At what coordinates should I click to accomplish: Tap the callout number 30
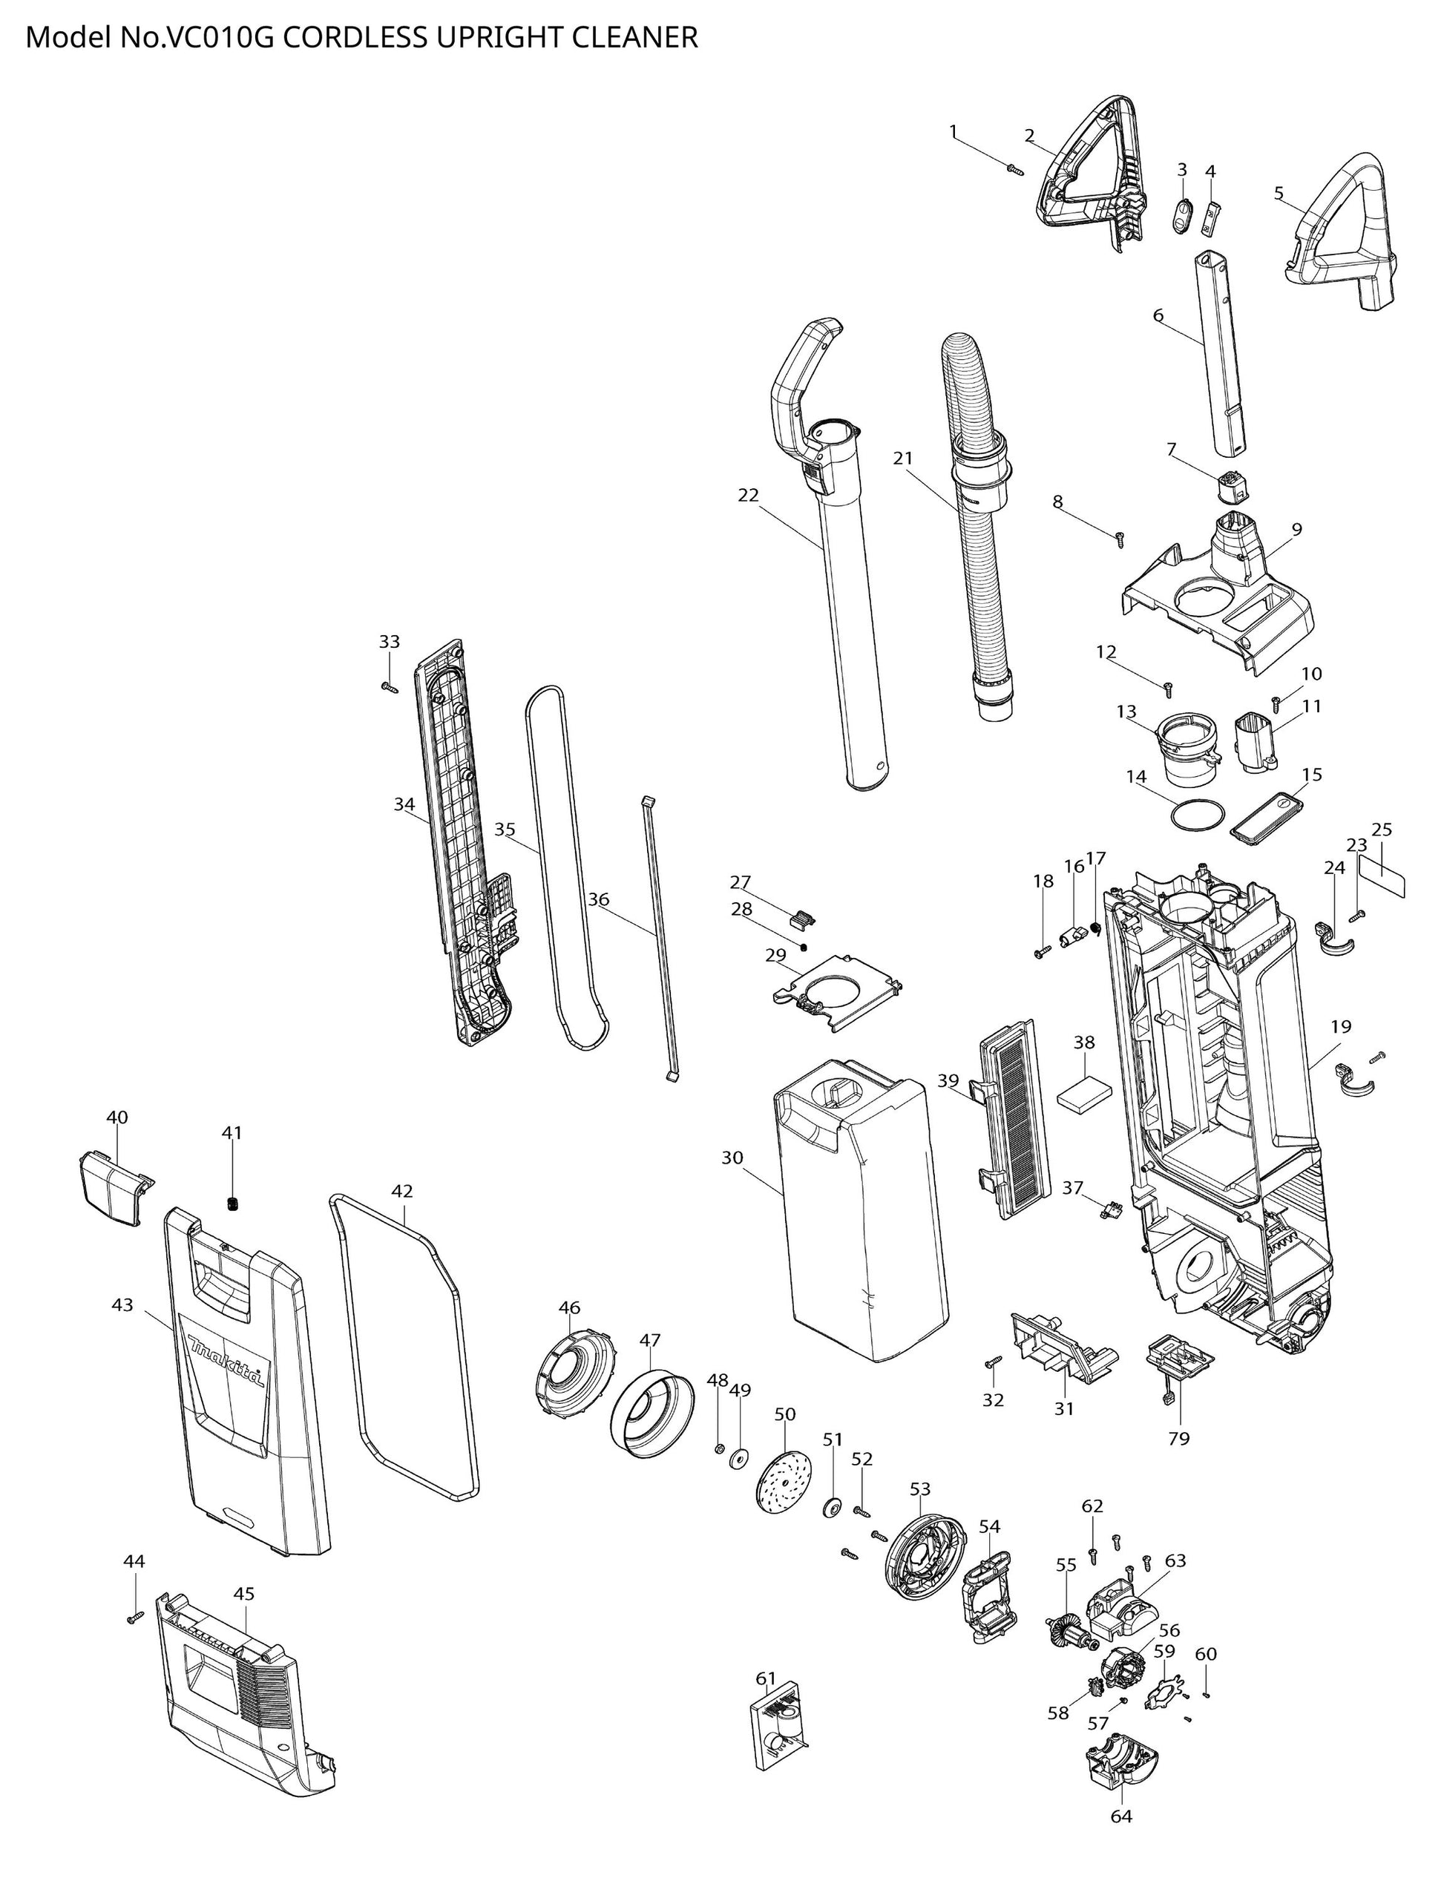[732, 1158]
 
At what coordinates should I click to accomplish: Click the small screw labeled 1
[1015, 169]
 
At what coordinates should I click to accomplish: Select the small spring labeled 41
[232, 1204]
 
